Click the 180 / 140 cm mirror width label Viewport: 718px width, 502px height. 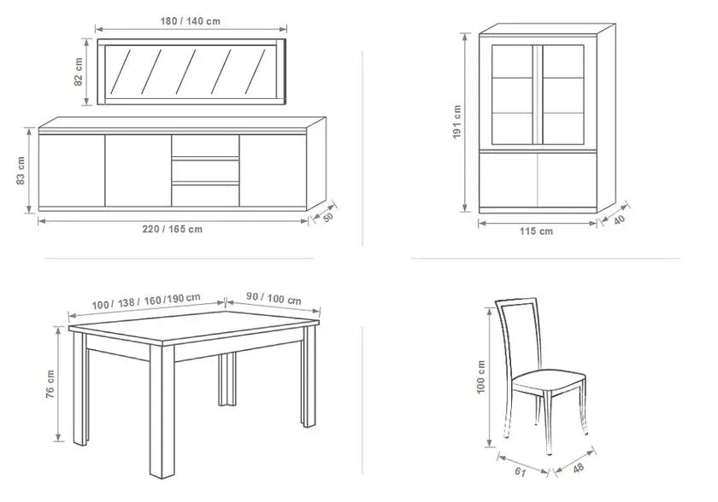[x=190, y=21]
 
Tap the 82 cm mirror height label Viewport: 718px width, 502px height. [x=79, y=72]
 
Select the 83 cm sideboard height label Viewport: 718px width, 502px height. [x=21, y=171]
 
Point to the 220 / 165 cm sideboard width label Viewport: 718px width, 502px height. [x=172, y=229]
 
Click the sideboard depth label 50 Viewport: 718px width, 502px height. [x=328, y=218]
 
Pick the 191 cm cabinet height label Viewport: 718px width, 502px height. [x=456, y=122]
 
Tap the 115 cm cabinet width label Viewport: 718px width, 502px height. [x=536, y=231]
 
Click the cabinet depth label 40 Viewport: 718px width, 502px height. [x=619, y=220]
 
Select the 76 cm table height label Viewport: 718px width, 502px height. [x=50, y=384]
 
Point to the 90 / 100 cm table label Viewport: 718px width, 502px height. [x=274, y=299]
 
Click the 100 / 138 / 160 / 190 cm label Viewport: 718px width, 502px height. [x=146, y=301]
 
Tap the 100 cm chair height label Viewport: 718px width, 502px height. [x=480, y=377]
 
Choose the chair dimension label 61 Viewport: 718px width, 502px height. [x=521, y=471]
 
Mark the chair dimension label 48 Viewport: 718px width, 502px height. [x=579, y=468]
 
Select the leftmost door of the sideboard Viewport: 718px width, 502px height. [x=72, y=171]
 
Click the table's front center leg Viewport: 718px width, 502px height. [x=162, y=411]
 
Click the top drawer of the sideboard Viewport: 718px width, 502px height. [x=206, y=146]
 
